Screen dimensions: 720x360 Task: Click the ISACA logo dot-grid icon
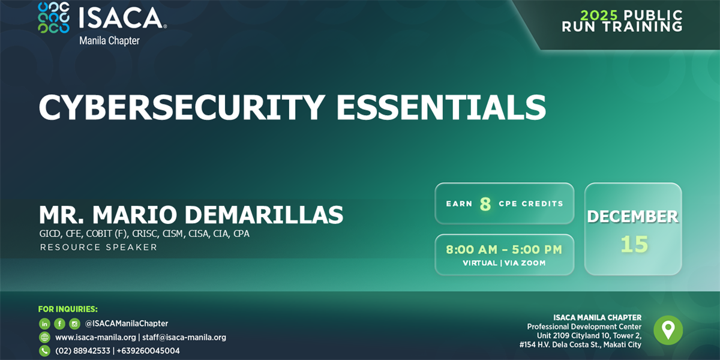tap(53, 18)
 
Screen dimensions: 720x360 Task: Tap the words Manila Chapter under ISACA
tap(109, 41)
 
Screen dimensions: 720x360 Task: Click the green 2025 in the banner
tap(599, 15)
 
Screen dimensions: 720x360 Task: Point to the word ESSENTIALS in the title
tap(441, 107)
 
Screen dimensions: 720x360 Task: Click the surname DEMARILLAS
tap(264, 215)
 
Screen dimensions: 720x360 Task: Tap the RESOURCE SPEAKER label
tap(98, 247)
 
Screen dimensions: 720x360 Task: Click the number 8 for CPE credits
tap(485, 204)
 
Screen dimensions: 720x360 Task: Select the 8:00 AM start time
tap(472, 250)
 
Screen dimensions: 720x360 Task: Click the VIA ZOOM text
tap(525, 263)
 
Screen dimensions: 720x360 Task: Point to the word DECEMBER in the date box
tap(632, 217)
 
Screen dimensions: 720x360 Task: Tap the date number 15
tap(634, 244)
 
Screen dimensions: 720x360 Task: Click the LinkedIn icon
tap(44, 323)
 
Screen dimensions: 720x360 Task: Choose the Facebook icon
tap(59, 323)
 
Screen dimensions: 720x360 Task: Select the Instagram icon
tap(74, 323)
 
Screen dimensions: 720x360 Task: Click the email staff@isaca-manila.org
tap(184, 337)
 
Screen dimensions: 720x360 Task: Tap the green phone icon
tap(44, 350)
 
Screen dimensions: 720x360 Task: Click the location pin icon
tap(668, 330)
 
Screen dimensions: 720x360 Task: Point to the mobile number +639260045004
tap(148, 350)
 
